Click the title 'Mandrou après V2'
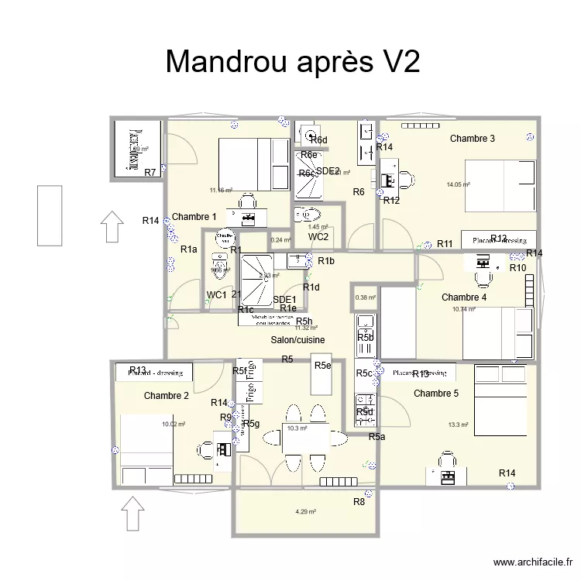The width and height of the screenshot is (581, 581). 292,62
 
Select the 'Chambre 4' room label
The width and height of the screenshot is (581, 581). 464,297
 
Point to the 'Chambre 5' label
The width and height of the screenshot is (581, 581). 436,394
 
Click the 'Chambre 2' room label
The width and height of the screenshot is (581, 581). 167,396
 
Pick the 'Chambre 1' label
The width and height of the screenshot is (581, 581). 194,217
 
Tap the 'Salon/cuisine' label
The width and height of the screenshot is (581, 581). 297,340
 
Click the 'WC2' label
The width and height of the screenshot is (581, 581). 318,237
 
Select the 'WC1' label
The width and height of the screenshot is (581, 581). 216,294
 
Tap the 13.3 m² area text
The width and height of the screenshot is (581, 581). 458,425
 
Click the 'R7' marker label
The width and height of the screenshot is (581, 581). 150,172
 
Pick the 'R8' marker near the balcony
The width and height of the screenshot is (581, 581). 359,502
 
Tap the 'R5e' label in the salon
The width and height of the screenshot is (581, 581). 322,366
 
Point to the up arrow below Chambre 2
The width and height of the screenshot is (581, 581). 133,514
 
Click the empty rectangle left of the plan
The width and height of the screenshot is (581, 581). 49,215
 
